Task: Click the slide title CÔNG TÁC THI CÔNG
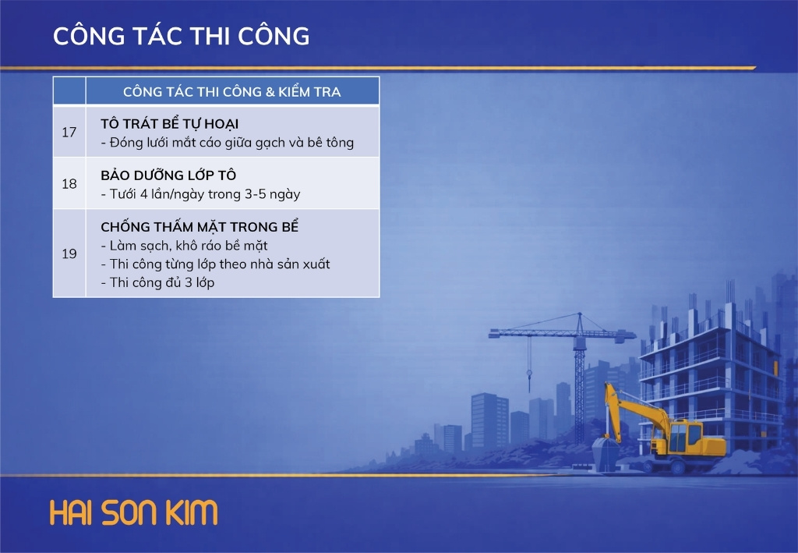click(181, 36)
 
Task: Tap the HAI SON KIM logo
click(134, 512)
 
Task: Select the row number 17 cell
click(69, 132)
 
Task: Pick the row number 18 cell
click(69, 183)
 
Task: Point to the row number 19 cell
click(69, 253)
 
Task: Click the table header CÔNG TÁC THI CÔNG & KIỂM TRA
click(232, 92)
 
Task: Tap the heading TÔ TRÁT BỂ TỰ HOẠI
click(169, 124)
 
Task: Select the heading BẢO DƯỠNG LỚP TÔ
click(168, 175)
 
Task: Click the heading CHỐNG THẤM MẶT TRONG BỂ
click(199, 227)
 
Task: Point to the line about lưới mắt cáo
click(227, 143)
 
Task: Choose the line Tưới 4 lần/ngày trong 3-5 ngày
click(200, 194)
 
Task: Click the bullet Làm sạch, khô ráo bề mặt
click(184, 246)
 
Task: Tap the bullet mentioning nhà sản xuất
click(215, 264)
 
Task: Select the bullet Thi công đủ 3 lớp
click(157, 282)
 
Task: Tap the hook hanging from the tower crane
click(529, 376)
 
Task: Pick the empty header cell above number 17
click(69, 90)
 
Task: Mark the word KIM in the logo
click(192, 512)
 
